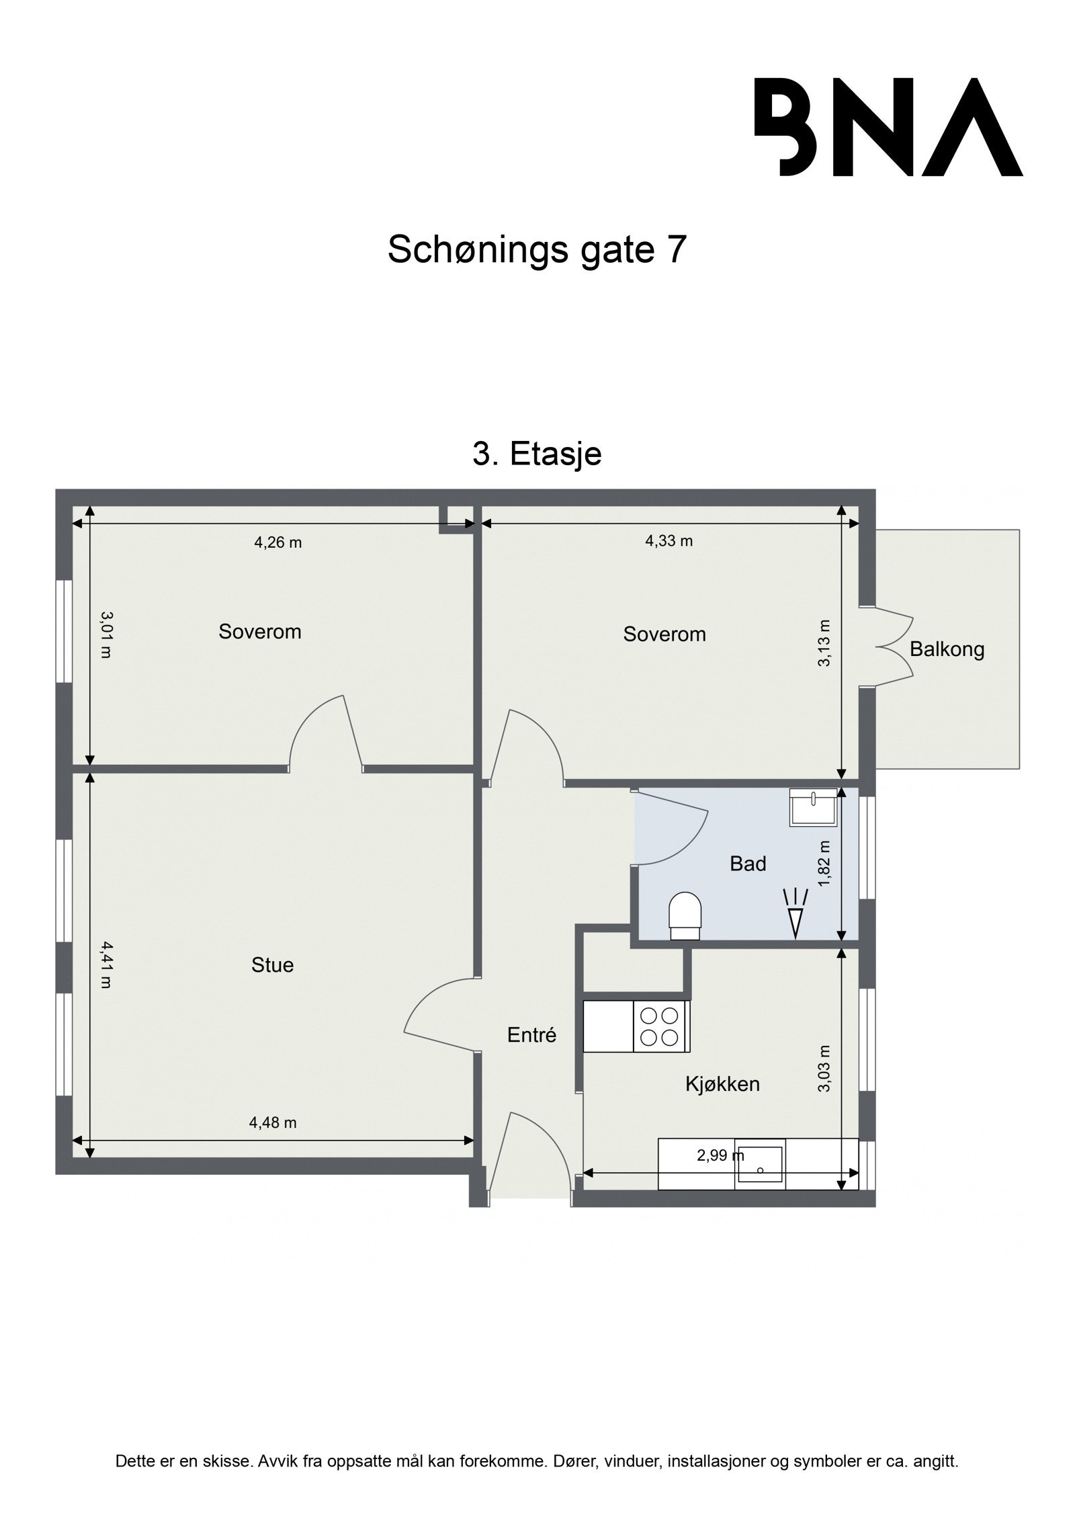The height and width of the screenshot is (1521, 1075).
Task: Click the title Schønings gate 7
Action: pyautogui.click(x=537, y=250)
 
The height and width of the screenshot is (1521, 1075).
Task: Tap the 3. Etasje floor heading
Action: pyautogui.click(x=537, y=454)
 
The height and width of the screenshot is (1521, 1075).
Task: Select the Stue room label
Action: pyautogui.click(x=272, y=964)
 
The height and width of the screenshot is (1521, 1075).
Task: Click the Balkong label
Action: pyautogui.click(x=947, y=649)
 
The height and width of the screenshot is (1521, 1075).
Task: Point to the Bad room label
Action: pyautogui.click(x=748, y=864)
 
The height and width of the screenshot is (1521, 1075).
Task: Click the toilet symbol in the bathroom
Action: pyautogui.click(x=685, y=915)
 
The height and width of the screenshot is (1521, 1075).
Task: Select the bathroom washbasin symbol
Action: pyautogui.click(x=813, y=807)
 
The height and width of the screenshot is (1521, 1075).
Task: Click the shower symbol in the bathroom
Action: pyautogui.click(x=796, y=913)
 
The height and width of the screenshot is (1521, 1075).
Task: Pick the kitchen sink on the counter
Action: pyautogui.click(x=760, y=1164)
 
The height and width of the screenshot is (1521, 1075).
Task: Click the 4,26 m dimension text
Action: pyautogui.click(x=277, y=542)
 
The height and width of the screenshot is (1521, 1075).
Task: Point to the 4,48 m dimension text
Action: pyautogui.click(x=273, y=1122)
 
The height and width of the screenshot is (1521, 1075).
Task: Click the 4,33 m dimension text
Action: pyautogui.click(x=669, y=540)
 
